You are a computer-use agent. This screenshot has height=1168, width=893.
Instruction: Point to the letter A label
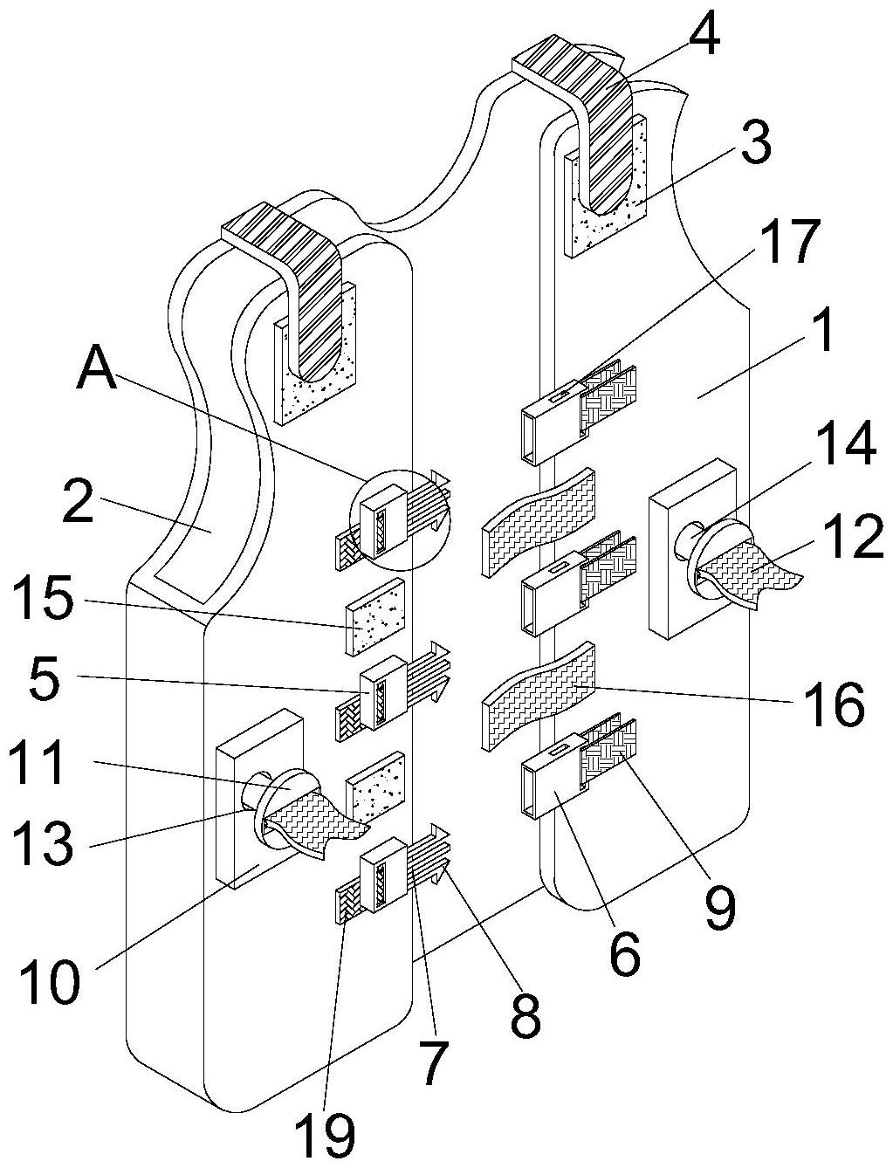(x=97, y=370)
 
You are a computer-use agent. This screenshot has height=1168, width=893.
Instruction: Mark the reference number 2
(x=78, y=505)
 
